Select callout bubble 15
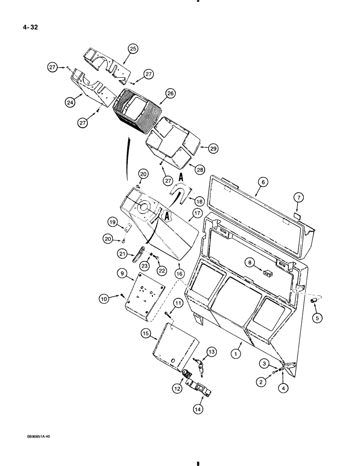(145, 334)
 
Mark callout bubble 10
(103, 296)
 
